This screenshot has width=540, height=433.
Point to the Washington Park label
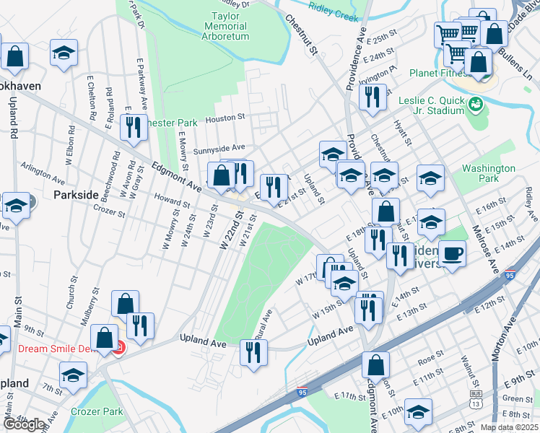click(x=489, y=173)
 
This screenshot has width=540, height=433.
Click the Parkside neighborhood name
click(x=76, y=195)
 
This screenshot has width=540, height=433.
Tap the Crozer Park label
click(x=97, y=411)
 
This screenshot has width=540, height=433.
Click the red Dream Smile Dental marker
click(x=118, y=349)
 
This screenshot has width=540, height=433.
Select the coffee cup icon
click(x=452, y=253)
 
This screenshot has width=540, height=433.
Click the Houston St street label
click(x=226, y=118)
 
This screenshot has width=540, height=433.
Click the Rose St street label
click(x=430, y=357)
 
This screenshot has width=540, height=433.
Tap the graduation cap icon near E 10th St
click(x=418, y=411)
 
